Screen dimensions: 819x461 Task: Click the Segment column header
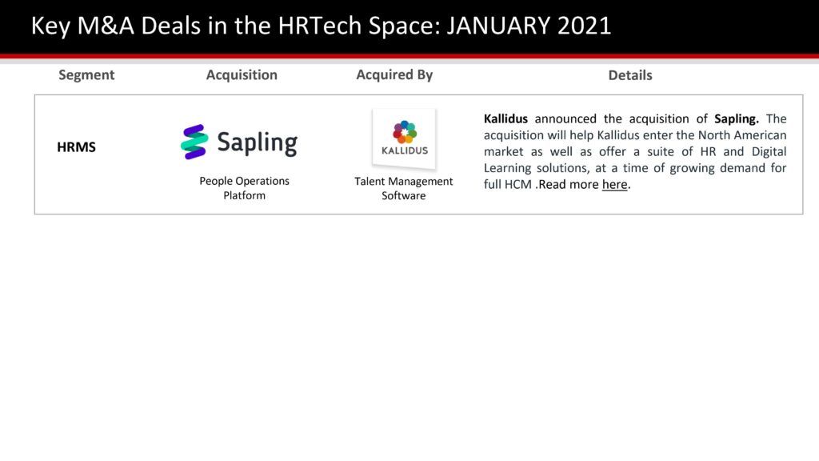(x=86, y=75)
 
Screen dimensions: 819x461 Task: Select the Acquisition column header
(x=242, y=75)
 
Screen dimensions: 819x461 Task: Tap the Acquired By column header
(x=394, y=75)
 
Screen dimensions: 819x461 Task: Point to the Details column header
(x=630, y=75)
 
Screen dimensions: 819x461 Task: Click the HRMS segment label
(x=76, y=147)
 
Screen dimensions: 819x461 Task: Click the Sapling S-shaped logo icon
(x=194, y=142)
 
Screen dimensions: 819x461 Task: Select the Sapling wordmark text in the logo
(x=257, y=142)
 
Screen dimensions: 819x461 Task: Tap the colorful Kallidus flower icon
(x=405, y=132)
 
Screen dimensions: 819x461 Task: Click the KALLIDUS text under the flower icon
(x=405, y=150)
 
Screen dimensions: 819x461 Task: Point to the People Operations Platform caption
(x=245, y=188)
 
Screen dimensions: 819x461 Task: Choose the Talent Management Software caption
(x=404, y=188)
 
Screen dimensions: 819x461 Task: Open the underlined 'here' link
(x=615, y=185)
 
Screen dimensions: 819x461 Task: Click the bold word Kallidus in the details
(x=505, y=118)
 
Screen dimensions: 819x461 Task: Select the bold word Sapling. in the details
(x=737, y=119)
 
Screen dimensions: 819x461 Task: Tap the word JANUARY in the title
(x=498, y=26)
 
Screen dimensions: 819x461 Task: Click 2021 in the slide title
(x=584, y=26)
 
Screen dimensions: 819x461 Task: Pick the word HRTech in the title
(x=320, y=26)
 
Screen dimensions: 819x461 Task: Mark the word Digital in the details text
(x=769, y=152)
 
